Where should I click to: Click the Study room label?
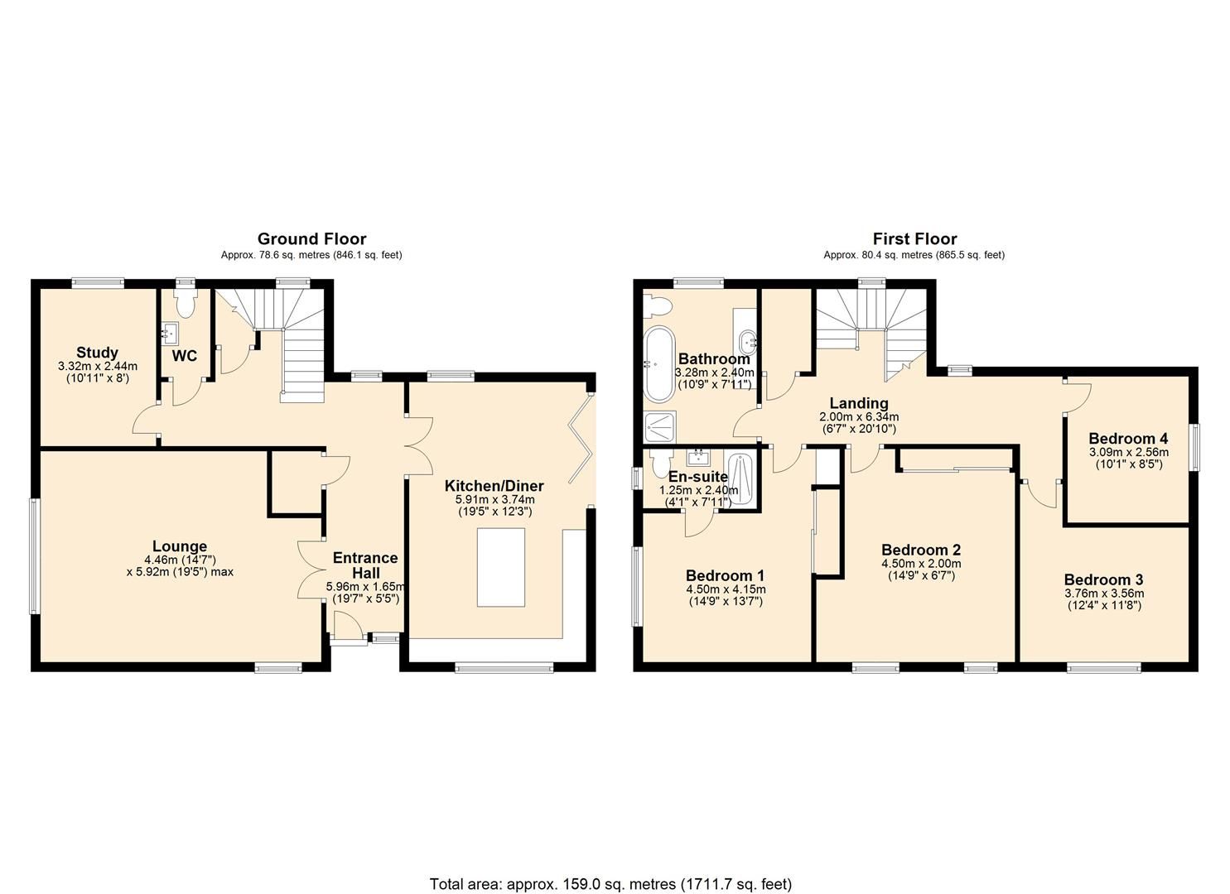click(98, 353)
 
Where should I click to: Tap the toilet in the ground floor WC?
click(185, 304)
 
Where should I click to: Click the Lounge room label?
click(180, 546)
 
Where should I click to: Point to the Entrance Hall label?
click(365, 565)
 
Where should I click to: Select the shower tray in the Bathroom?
click(660, 426)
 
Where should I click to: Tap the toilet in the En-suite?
click(660, 463)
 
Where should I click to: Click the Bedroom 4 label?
click(1128, 439)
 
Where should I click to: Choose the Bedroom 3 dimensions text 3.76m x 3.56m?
click(1104, 594)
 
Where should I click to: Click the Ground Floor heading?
click(311, 239)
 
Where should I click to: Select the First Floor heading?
click(914, 239)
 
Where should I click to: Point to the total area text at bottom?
click(610, 884)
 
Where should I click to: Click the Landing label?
click(859, 404)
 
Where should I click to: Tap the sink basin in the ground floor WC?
click(172, 335)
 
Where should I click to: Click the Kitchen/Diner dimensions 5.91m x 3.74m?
click(494, 499)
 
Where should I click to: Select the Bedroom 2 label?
click(921, 550)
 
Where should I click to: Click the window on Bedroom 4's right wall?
click(1194, 448)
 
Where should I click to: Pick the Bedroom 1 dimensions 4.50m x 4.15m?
click(725, 589)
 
